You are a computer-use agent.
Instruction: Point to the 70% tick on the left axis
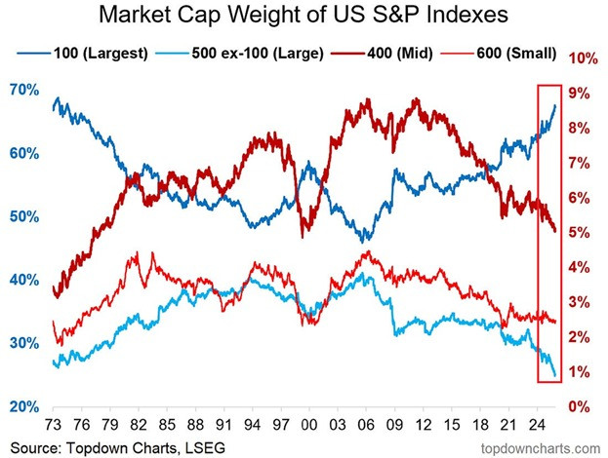[25, 90]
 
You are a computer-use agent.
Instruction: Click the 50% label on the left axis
[25, 216]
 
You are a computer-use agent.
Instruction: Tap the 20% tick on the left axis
[25, 406]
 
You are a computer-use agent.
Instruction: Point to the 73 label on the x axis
[54, 426]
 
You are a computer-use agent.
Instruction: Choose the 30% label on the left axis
[25, 343]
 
